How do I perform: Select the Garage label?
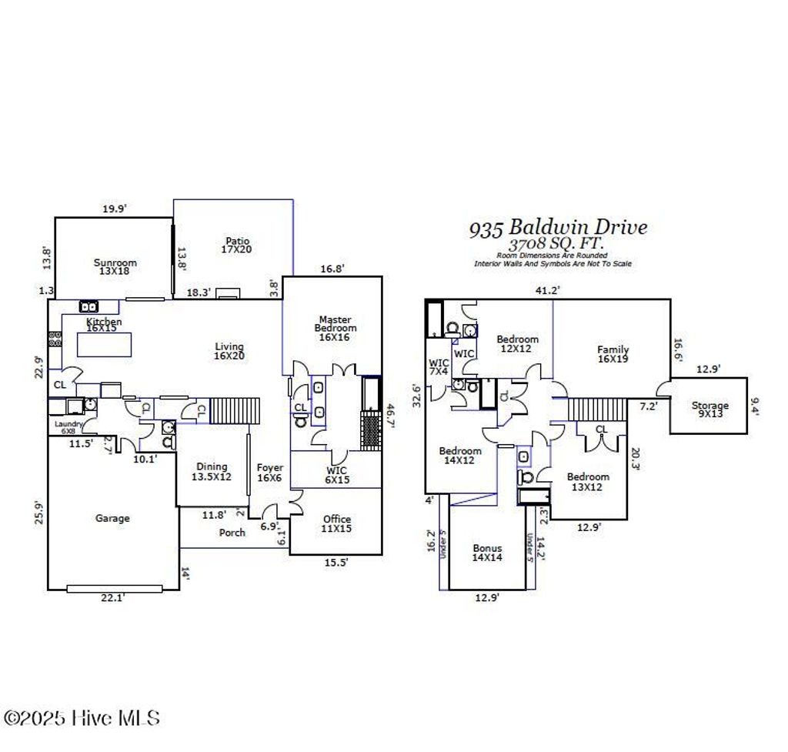click(112, 518)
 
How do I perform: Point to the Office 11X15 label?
click(337, 523)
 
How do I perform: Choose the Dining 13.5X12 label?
click(212, 471)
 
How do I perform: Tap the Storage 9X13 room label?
click(710, 410)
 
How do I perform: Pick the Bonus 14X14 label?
click(488, 553)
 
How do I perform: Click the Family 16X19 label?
click(613, 355)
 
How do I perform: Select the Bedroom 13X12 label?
click(588, 482)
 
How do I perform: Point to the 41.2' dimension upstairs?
click(548, 290)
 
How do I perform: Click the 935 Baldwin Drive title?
click(559, 228)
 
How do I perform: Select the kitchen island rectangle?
click(104, 344)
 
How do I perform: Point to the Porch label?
click(232, 533)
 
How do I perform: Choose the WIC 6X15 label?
click(336, 475)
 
